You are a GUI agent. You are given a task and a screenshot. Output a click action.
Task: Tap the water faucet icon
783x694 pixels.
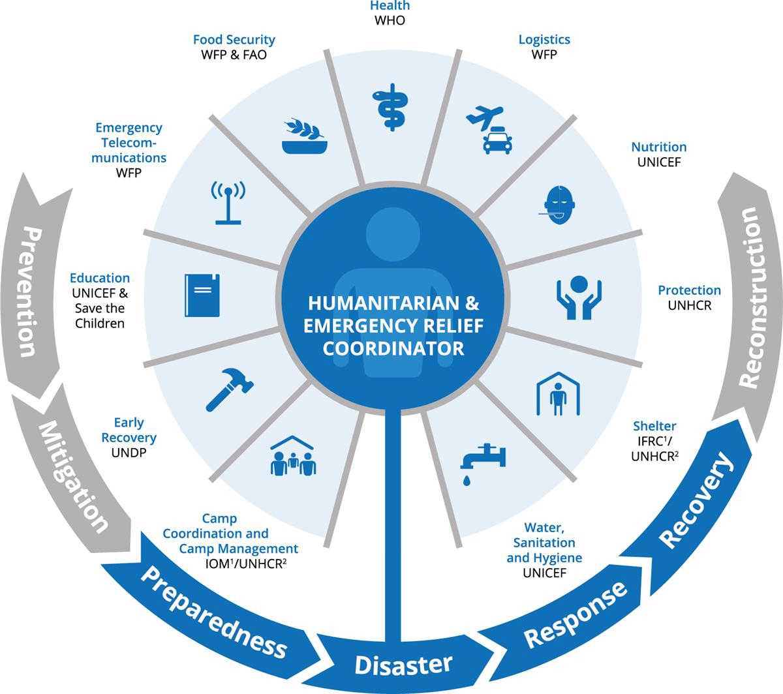[482, 460]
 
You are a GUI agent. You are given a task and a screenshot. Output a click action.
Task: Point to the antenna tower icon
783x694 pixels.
[228, 202]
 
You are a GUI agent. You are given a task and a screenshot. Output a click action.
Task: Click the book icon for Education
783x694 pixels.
[202, 295]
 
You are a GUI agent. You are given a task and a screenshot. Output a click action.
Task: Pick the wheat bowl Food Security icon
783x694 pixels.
[305, 137]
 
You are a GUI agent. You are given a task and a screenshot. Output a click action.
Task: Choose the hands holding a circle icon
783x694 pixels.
[578, 297]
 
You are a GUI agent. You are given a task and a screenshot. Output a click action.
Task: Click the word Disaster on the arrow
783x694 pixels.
[403, 665]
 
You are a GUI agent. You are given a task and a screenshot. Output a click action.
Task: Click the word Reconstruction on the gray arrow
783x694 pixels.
[750, 297]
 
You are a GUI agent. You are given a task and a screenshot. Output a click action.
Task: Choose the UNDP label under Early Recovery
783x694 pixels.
[129, 452]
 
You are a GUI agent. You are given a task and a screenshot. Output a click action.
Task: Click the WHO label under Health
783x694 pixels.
[390, 20]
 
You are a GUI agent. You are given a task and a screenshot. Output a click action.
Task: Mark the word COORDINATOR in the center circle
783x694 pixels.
[393, 348]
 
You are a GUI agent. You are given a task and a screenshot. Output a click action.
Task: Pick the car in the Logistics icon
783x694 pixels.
[497, 141]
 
